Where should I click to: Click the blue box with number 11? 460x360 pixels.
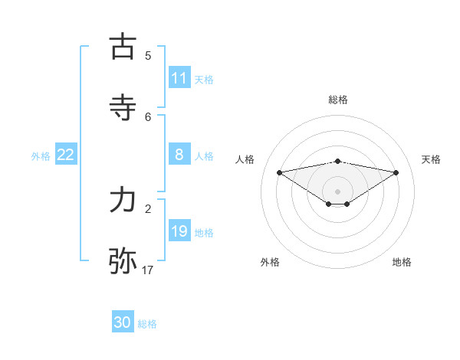[x=179, y=78]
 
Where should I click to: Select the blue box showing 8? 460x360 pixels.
[x=179, y=155]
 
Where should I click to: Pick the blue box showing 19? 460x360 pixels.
[x=179, y=231]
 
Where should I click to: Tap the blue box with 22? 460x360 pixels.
[x=66, y=155]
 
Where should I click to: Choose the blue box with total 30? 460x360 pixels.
[x=123, y=322]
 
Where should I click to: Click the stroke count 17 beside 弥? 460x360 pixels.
[x=147, y=270]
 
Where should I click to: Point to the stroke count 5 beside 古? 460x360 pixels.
[x=148, y=55]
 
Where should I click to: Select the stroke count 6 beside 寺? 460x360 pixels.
[x=148, y=116]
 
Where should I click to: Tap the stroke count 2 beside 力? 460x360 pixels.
[x=148, y=208]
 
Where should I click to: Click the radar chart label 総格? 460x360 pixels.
[x=338, y=100]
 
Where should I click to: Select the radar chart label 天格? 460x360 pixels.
[x=432, y=159]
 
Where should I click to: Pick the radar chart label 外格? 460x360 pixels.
[x=270, y=262]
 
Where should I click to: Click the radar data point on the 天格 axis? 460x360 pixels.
[x=396, y=172]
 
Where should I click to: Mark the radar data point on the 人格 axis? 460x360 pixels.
[x=280, y=172]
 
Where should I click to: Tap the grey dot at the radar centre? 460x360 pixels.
[x=338, y=191]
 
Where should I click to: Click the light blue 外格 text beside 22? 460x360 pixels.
[x=41, y=155]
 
